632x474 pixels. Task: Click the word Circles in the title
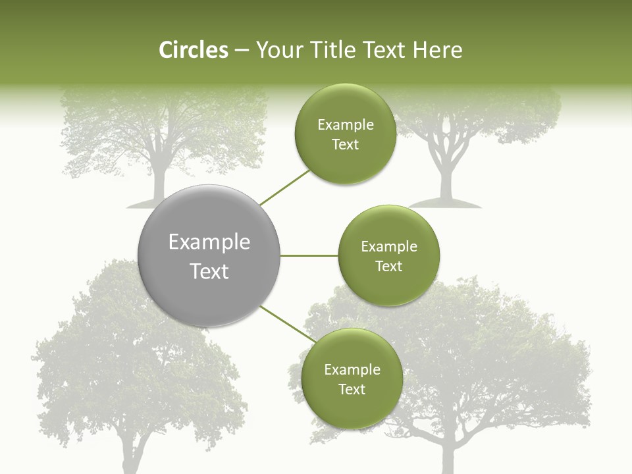193,50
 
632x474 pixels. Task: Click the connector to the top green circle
285,187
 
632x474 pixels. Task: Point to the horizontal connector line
309,255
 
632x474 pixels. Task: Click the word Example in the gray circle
209,242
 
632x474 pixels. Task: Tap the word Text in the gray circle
209,271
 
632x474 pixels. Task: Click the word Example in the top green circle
345,125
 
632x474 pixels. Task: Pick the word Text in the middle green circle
388,267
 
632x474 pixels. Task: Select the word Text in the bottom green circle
352,390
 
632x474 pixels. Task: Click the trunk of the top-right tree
446,178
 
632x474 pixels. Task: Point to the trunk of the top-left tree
158,174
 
